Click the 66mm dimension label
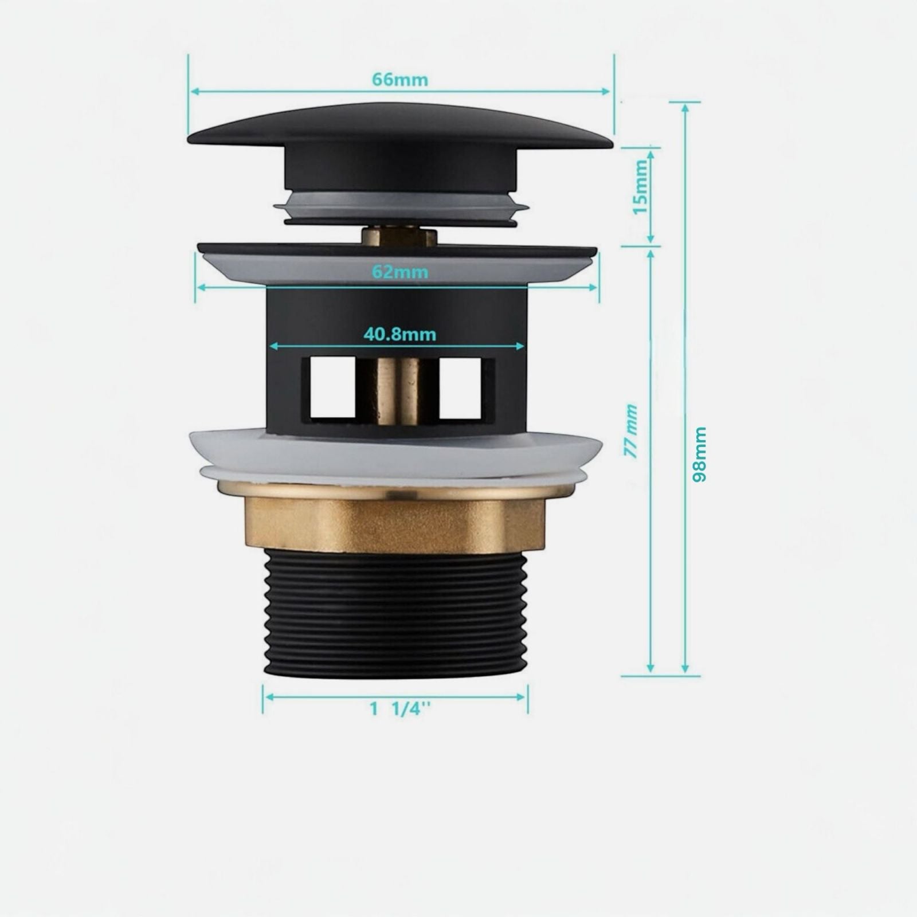pyautogui.click(x=400, y=80)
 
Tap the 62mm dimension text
pyautogui.click(x=400, y=272)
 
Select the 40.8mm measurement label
pyautogui.click(x=400, y=334)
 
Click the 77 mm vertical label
pyautogui.click(x=630, y=431)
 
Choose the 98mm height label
pyautogui.click(x=699, y=454)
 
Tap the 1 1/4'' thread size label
pyautogui.click(x=400, y=709)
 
